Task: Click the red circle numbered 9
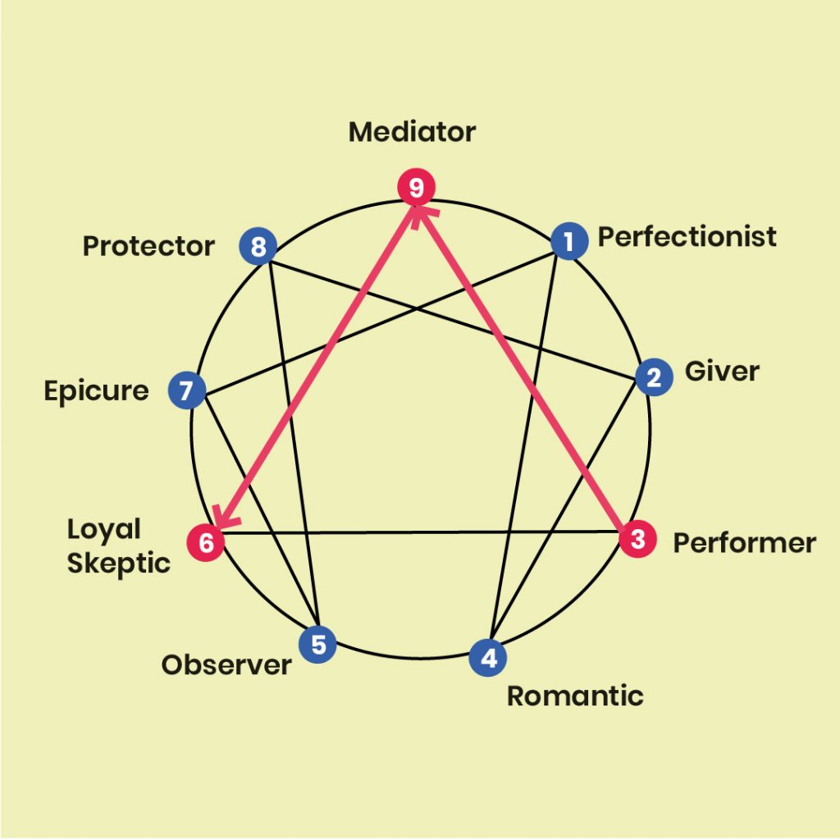416,187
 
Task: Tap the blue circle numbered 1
569,241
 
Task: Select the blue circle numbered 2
654,377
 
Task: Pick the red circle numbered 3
638,538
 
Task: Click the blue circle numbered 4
488,657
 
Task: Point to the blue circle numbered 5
317,644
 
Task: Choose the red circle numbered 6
206,542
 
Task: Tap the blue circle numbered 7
187,390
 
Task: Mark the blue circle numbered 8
258,246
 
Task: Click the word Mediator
412,132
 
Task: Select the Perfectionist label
687,237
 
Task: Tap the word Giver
722,372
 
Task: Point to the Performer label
745,543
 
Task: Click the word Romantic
575,696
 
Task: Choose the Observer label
226,664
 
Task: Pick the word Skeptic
118,564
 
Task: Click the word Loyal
104,530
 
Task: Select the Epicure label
97,391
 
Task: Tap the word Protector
148,246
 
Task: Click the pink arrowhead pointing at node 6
224,518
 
